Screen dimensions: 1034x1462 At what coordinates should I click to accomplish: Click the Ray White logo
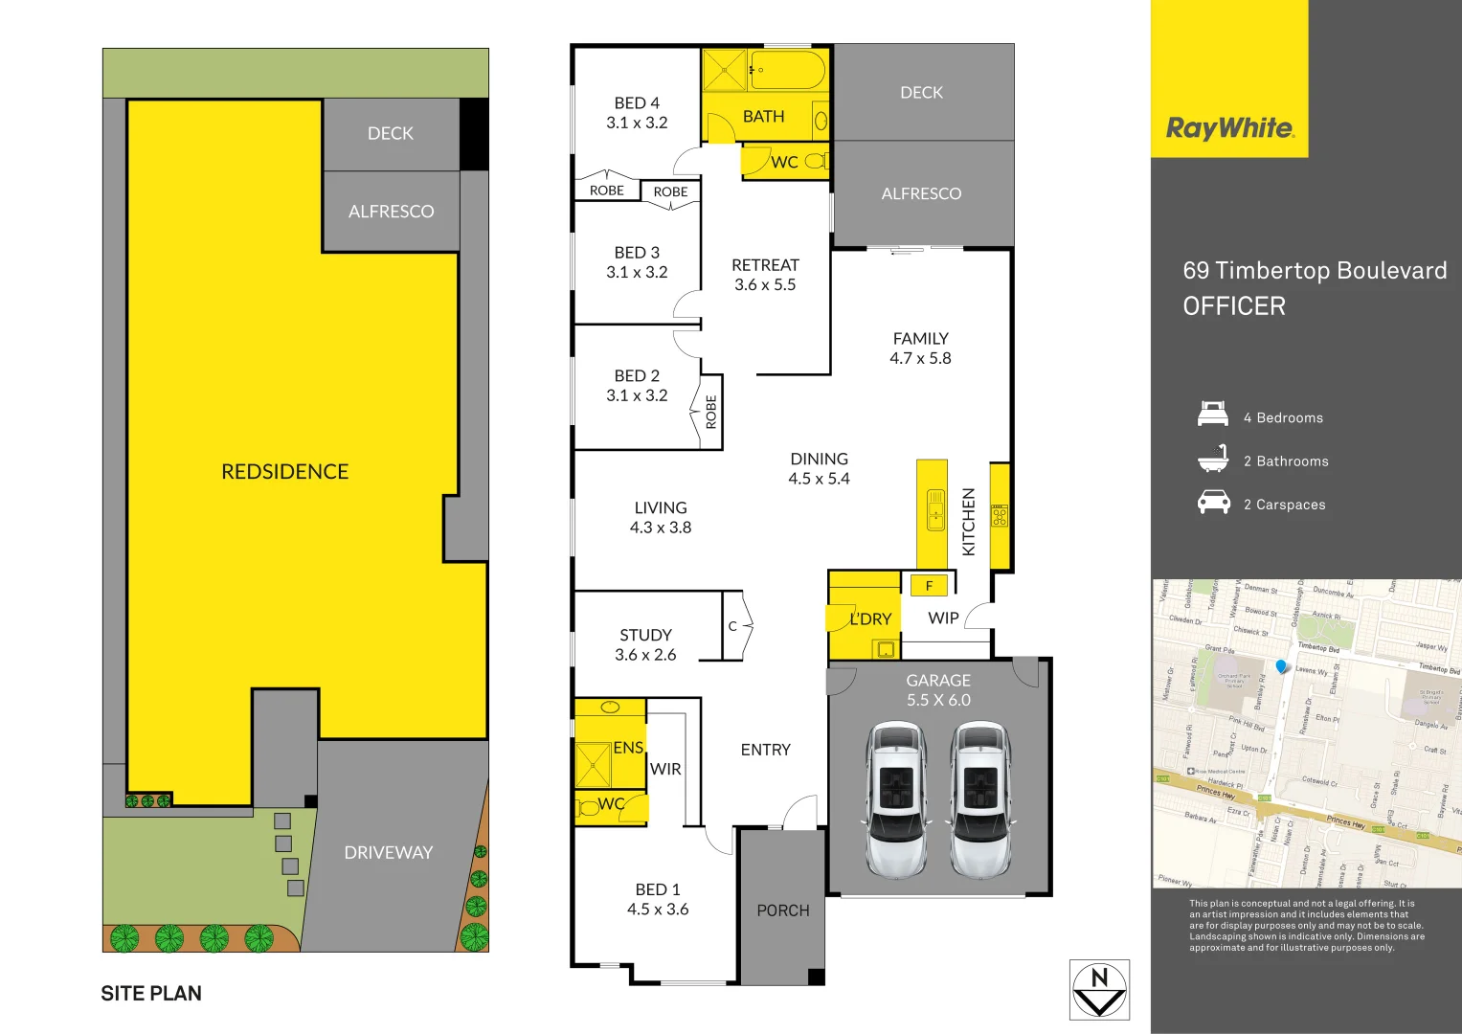1229,128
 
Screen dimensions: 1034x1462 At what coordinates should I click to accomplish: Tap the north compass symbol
1099,990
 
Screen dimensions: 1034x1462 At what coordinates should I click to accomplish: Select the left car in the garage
895,799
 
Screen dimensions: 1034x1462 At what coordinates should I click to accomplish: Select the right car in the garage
978,799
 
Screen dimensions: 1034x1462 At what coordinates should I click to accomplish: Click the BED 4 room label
637,103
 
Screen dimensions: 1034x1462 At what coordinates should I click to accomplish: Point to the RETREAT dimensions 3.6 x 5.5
765,285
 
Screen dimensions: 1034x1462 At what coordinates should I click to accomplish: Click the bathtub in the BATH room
787,70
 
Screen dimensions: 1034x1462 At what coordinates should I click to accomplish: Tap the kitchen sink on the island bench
935,509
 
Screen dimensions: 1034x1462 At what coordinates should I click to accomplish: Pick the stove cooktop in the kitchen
1000,516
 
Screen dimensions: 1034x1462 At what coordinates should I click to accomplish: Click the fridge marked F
929,585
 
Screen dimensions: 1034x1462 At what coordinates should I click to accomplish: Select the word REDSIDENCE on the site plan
284,472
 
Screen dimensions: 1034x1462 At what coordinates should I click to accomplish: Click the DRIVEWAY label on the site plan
388,852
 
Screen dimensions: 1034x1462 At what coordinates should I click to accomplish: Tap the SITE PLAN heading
151,994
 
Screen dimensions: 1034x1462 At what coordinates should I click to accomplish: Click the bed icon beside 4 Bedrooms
1213,415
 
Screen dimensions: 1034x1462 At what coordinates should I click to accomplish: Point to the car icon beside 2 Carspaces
1213,503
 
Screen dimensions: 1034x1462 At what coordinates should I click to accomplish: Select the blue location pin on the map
1282,666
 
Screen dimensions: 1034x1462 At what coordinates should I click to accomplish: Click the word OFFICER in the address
1234,306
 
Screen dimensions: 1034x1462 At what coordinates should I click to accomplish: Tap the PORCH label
783,910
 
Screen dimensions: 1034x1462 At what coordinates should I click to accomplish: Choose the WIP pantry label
943,618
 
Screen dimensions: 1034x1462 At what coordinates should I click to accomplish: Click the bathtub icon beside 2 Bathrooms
1213,459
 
